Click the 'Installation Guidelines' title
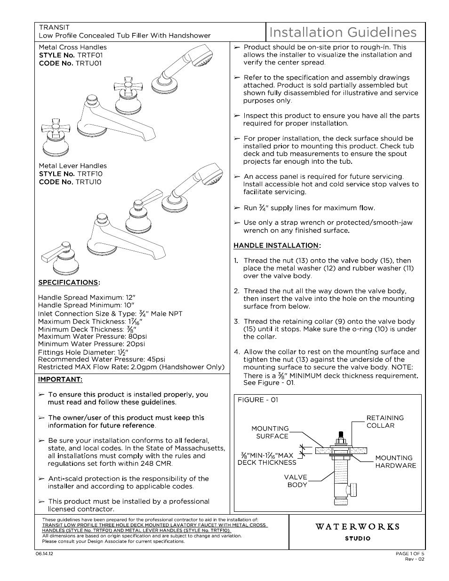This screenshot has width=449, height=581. (343, 32)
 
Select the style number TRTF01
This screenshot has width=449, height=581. (90, 55)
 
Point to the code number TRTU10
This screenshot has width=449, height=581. (88, 182)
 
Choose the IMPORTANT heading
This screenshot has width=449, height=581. (60, 379)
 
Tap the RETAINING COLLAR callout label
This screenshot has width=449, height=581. (385, 422)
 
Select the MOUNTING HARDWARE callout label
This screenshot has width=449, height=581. (395, 462)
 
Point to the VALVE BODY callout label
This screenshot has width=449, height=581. (296, 481)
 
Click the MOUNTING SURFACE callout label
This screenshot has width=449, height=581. (270, 432)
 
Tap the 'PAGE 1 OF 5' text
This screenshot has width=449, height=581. (410, 554)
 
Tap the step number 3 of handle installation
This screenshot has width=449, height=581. (236, 321)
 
